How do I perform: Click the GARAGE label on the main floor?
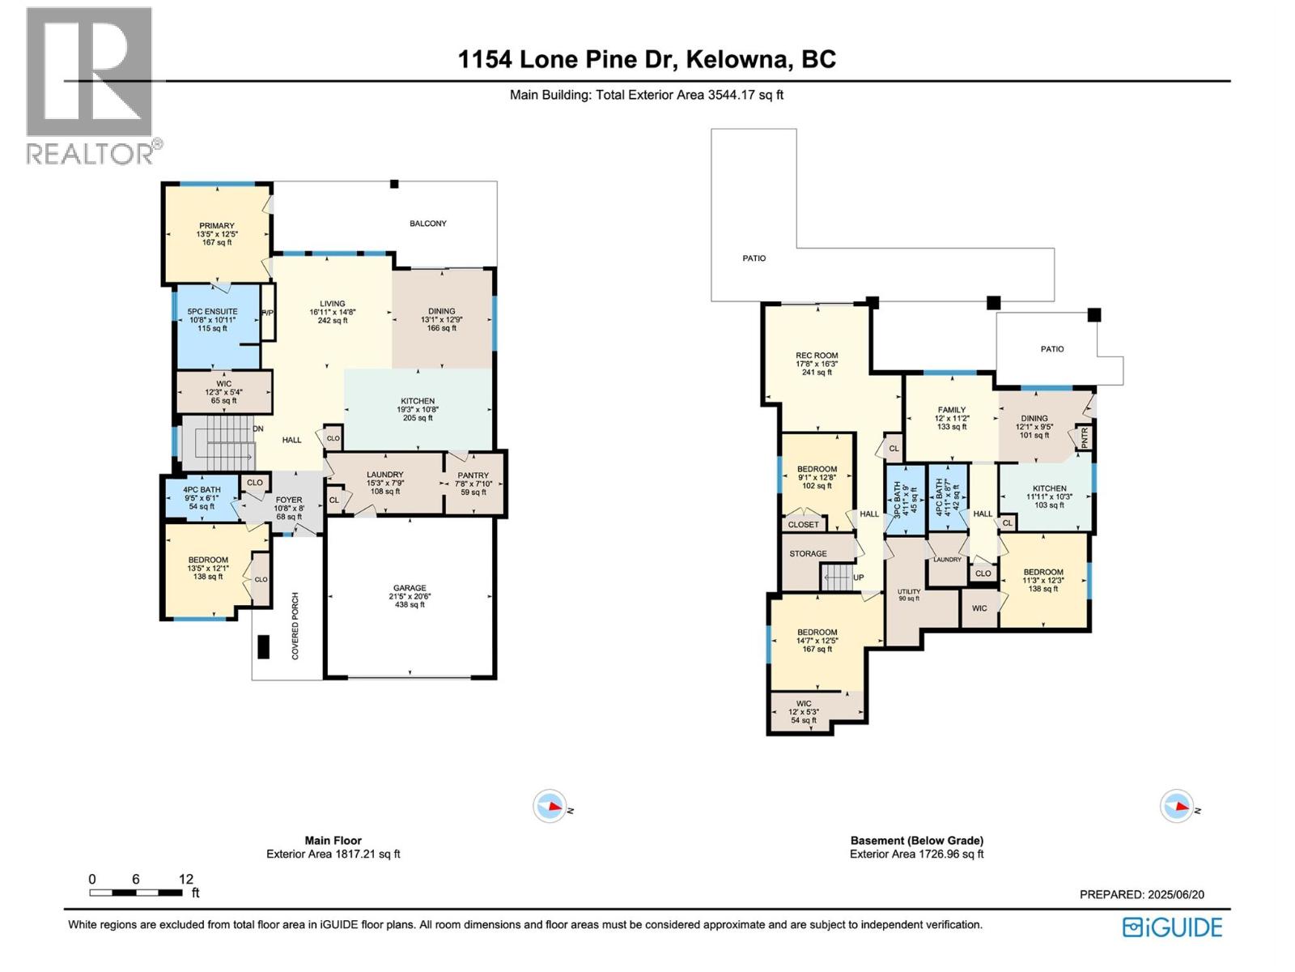tap(410, 588)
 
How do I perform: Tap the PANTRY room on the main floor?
tap(473, 475)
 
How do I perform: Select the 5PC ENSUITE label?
tap(212, 311)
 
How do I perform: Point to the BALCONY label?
tap(427, 224)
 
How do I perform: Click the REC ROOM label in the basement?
tap(817, 356)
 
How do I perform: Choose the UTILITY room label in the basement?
tap(908, 591)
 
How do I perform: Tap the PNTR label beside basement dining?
tap(1085, 438)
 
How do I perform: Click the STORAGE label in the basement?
tap(808, 554)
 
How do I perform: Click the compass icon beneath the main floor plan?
tap(550, 807)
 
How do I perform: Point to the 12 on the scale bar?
tap(185, 879)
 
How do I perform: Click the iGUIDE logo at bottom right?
tap(1173, 927)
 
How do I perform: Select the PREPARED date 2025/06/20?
tap(1175, 894)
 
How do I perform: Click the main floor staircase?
tap(219, 441)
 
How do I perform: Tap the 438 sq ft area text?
tap(410, 605)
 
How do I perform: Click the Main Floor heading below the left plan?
tap(333, 841)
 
